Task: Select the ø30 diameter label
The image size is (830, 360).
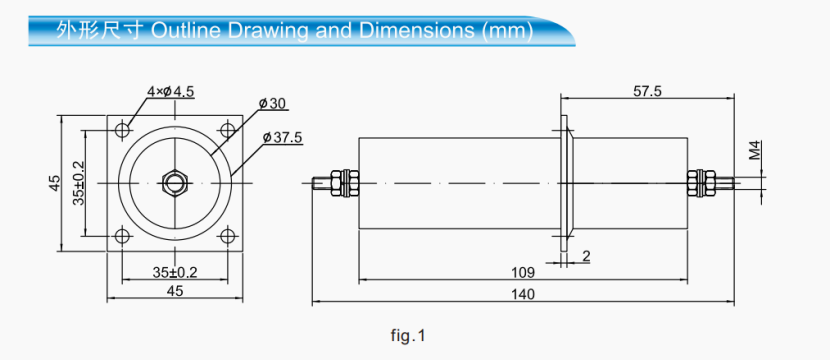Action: pyautogui.click(x=272, y=103)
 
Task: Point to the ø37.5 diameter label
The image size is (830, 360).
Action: pyautogui.click(x=283, y=137)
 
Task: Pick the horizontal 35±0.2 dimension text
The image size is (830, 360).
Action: pyautogui.click(x=174, y=271)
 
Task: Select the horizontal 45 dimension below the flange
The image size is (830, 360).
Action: pyautogui.click(x=174, y=291)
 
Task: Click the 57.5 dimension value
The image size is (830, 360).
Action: pyautogui.click(x=648, y=91)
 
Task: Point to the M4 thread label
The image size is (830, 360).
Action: pyautogui.click(x=756, y=151)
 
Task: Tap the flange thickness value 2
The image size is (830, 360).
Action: pyautogui.click(x=585, y=256)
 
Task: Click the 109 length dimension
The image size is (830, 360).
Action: pyautogui.click(x=522, y=273)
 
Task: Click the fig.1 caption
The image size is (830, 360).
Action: pyautogui.click(x=408, y=336)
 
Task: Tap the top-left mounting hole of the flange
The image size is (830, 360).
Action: pyautogui.click(x=122, y=130)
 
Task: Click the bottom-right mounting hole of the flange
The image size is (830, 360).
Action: pyautogui.click(x=228, y=236)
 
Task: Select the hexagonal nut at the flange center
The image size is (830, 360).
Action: pyautogui.click(x=175, y=183)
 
